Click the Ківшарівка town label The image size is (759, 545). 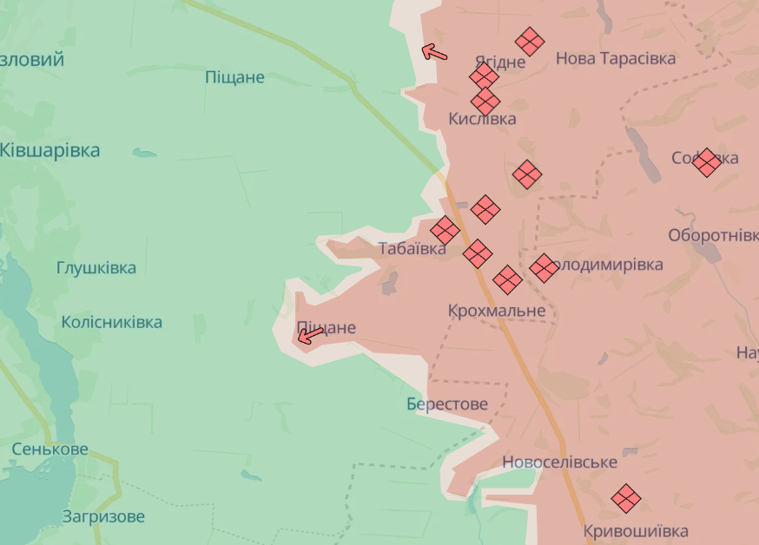50,150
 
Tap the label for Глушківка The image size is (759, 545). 96,267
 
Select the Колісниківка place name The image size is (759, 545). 111,322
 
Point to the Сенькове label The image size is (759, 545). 50,450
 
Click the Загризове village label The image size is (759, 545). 103,516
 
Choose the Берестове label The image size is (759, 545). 447,404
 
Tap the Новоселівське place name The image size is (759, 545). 559,463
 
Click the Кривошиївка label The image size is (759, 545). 636,531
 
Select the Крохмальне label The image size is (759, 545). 497,311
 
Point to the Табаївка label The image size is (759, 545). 412,249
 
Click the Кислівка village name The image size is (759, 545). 483,119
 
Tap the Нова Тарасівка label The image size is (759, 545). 616,58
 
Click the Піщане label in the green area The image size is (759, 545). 234,77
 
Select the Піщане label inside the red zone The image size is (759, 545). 327,328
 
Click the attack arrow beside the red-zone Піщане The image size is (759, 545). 309,336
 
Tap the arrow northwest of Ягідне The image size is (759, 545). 434,53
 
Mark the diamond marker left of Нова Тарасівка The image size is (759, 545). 530,42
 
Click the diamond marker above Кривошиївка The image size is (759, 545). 626,498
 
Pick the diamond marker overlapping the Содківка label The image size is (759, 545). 707,162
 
